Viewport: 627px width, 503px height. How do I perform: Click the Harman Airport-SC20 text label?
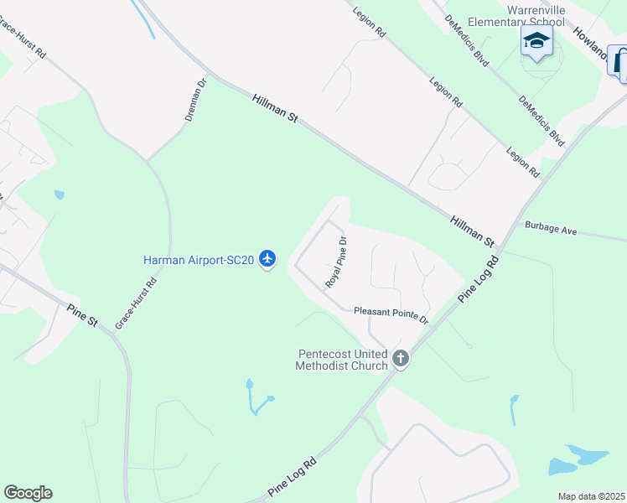199,260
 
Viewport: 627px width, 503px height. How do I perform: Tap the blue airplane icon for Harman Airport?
267,260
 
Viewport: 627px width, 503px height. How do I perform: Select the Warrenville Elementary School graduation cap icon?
536,40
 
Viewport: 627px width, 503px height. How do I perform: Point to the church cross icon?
401,359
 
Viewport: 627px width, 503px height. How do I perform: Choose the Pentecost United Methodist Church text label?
342,359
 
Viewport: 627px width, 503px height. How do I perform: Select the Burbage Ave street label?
552,227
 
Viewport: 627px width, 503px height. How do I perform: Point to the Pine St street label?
83,315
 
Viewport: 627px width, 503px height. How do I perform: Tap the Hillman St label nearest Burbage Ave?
472,231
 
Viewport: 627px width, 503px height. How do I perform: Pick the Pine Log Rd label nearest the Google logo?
292,475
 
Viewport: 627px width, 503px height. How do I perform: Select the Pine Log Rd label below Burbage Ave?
479,280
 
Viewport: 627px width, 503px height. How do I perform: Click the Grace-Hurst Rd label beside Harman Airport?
136,303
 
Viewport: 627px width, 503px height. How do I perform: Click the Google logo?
28,493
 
